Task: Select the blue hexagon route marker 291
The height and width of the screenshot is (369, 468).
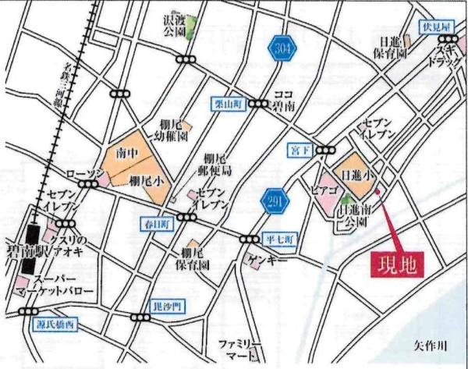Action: (x=274, y=200)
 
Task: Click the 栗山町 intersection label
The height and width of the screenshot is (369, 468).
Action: (x=229, y=103)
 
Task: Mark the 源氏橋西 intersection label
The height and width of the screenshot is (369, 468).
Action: (x=58, y=322)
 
